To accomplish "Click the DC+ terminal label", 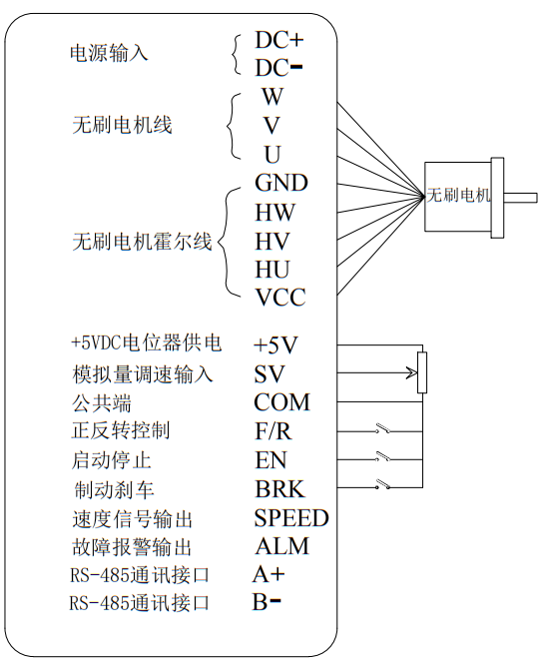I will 279,41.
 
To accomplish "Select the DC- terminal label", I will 279,69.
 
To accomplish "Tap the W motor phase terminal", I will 271,98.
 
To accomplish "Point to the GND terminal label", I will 281,183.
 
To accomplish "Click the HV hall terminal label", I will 271,241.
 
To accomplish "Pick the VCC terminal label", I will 280,299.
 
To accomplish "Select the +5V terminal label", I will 276,345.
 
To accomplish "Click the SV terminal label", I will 270,374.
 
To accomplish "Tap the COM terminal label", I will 281,403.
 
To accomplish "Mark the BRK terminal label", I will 279,490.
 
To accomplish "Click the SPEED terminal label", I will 290,518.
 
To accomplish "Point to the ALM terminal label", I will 281,546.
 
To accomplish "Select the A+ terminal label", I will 270,574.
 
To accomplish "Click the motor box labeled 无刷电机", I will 459,196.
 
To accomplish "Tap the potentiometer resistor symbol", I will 421,372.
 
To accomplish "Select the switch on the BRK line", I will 381,487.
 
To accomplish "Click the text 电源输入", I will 109,53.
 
